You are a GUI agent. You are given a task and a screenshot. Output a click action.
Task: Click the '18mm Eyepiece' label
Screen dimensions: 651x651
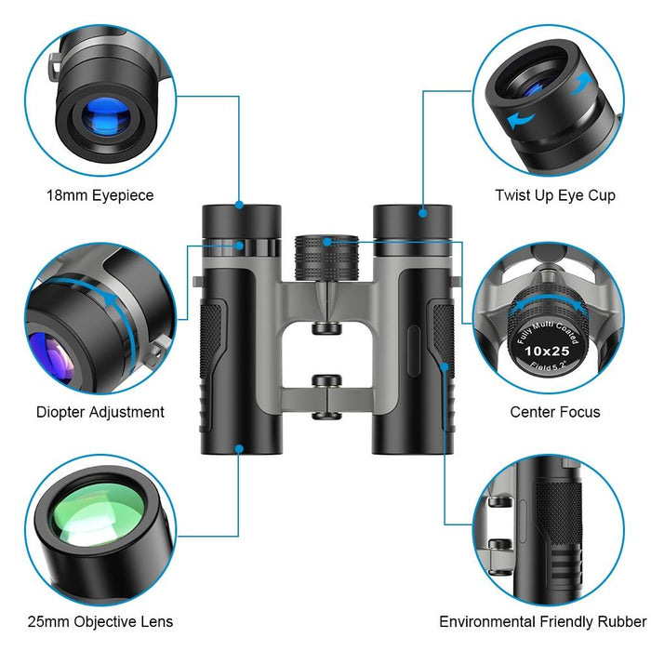tap(100, 196)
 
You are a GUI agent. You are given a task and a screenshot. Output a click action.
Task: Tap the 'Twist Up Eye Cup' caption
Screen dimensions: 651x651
tap(554, 196)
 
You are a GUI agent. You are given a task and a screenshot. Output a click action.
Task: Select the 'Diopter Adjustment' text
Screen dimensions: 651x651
tap(100, 412)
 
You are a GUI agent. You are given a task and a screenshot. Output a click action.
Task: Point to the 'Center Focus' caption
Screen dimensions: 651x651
tap(554, 412)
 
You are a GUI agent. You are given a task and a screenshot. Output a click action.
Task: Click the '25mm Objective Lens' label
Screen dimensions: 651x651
tap(100, 622)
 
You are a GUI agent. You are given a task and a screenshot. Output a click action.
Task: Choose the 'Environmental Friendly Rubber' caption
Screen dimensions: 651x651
tap(543, 622)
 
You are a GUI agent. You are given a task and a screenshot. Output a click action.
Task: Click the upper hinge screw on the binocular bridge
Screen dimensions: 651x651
tap(325, 327)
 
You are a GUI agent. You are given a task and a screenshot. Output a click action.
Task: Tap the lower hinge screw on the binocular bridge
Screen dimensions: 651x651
tap(325, 381)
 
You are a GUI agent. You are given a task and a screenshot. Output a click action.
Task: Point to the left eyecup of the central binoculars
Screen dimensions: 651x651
tap(242, 221)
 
